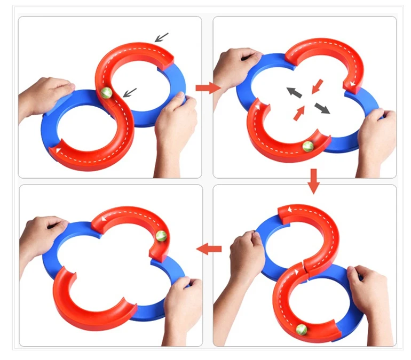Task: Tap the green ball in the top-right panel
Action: coord(307,147)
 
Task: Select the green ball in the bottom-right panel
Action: coord(302,330)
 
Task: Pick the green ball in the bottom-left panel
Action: coord(162,236)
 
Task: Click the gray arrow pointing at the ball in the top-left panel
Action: coord(129,92)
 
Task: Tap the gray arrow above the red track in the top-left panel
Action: coord(161,37)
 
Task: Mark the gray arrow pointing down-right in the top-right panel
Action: coord(322,109)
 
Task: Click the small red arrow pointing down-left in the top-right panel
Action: coord(317,85)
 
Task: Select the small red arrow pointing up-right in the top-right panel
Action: coord(299,113)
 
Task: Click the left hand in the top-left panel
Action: coord(45,96)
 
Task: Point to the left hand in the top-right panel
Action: coord(235,67)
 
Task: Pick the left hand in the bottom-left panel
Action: coord(43,235)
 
